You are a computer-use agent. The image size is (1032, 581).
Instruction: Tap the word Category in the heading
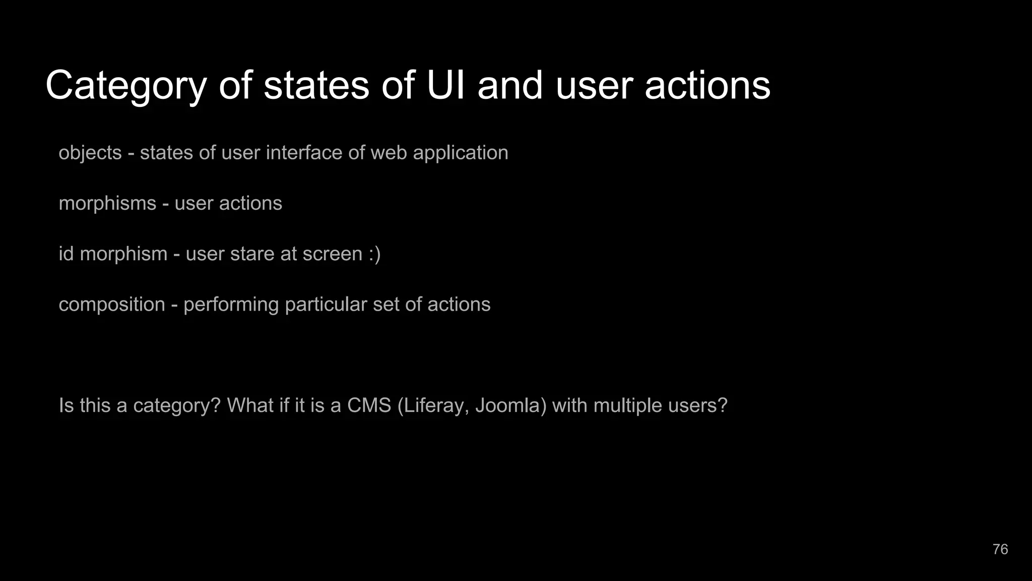126,86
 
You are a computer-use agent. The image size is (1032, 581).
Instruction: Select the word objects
90,153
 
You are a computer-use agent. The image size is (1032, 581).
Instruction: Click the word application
460,153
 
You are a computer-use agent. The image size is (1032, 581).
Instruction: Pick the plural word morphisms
107,203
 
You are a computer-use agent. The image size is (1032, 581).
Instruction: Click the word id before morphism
67,254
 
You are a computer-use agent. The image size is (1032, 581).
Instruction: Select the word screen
332,254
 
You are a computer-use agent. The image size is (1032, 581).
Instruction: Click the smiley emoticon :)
374,254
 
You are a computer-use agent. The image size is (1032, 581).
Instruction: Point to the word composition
112,305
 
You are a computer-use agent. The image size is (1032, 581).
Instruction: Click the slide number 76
1000,549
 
